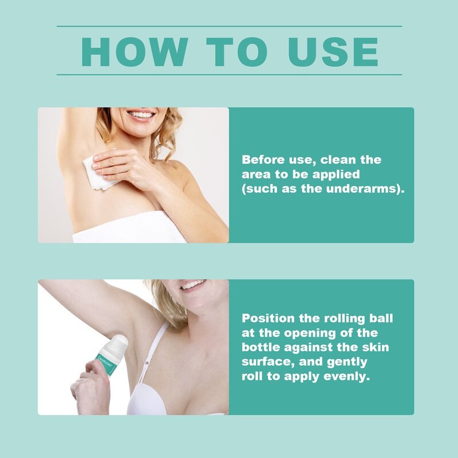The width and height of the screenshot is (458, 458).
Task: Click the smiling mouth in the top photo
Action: (141, 114)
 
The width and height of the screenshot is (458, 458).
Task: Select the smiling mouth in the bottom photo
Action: (192, 285)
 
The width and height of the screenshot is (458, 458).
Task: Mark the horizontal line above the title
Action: (229, 26)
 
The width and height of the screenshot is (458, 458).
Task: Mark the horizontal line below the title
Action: (229, 74)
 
